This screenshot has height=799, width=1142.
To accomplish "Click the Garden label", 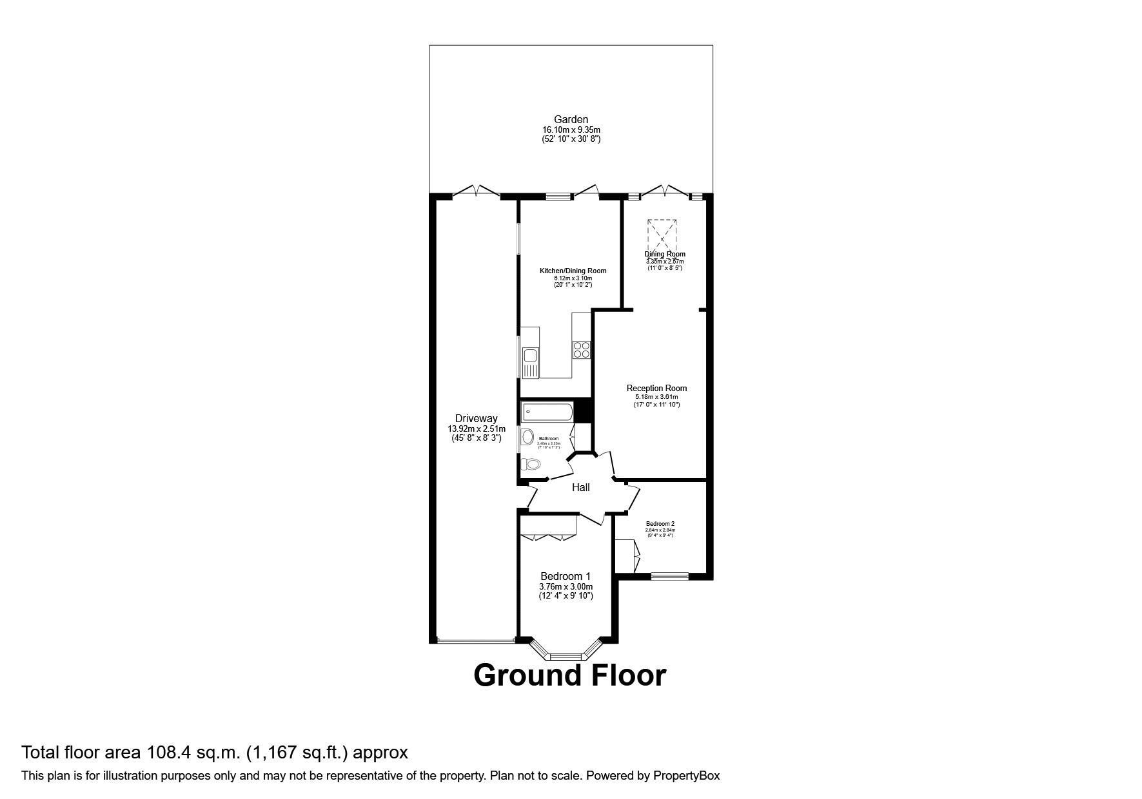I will tap(571, 119).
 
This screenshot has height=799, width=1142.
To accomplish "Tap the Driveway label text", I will tap(476, 419).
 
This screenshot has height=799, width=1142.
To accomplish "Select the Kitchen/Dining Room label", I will tap(573, 271).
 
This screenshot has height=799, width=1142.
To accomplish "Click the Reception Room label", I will tap(656, 388).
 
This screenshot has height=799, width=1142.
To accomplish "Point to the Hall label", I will tap(580, 488).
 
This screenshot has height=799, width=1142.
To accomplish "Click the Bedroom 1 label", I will tap(566, 576).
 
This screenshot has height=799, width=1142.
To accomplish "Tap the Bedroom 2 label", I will tap(660, 524).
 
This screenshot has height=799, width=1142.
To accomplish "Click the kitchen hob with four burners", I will tap(581, 350).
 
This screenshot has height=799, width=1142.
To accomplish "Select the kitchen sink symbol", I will tap(530, 355).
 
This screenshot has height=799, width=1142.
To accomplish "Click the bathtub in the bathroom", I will tap(546, 411).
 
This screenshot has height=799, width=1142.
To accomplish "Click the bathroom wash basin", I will tap(528, 437).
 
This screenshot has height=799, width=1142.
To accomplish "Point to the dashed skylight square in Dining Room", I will tap(662, 236).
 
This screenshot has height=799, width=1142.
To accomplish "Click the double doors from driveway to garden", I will tap(476, 191).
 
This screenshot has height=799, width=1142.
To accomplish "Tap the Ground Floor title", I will tap(569, 675).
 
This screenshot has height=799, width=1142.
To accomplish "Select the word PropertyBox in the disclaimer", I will tap(686, 776).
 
